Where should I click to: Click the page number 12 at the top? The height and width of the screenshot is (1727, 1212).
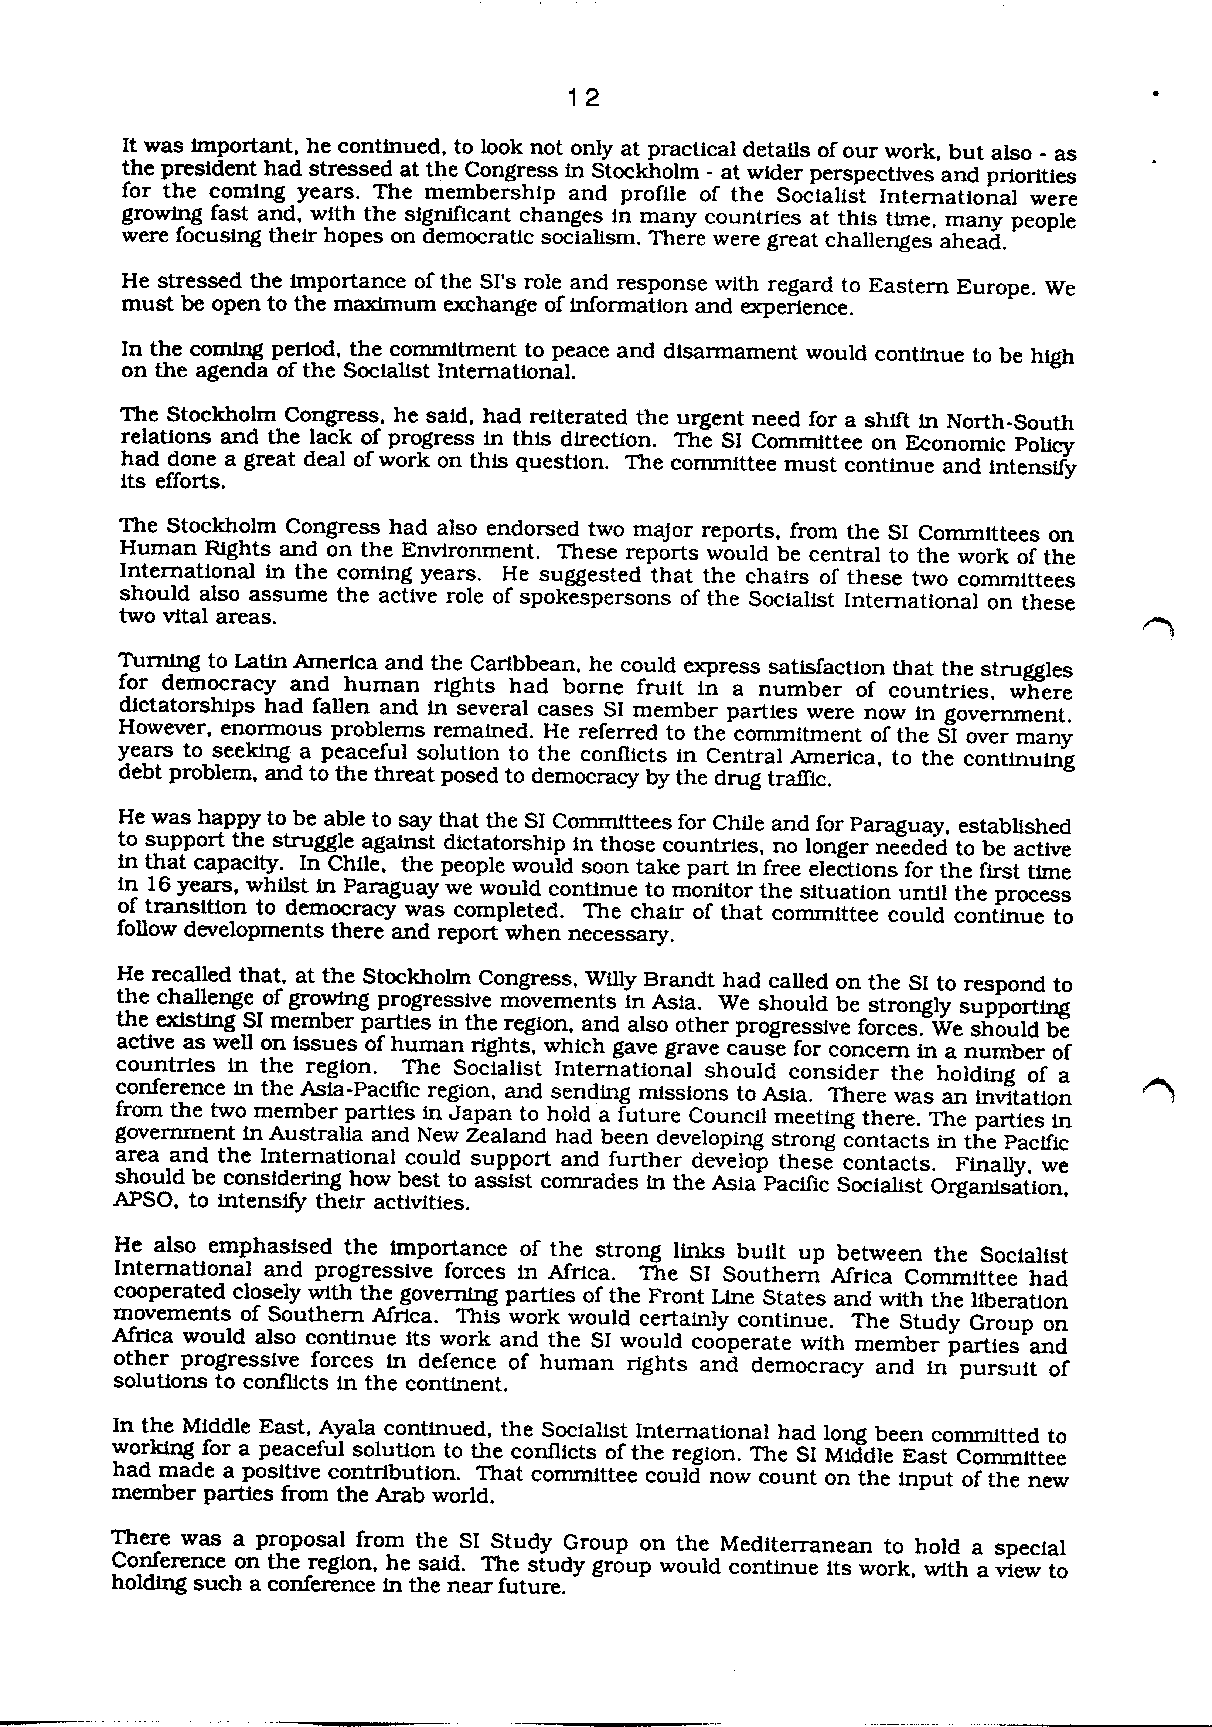pos(583,98)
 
